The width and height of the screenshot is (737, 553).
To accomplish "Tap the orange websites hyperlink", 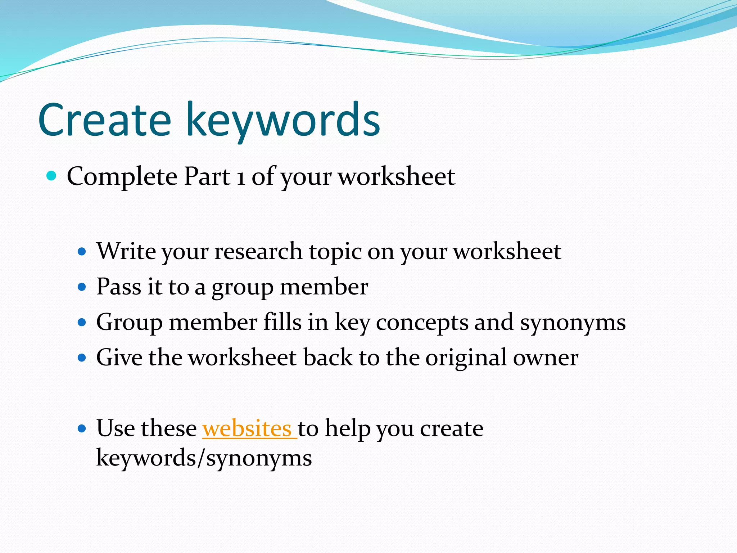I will coord(249,428).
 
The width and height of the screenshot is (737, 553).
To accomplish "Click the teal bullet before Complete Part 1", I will coord(52,176).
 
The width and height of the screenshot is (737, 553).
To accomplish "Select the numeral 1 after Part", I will coord(241,177).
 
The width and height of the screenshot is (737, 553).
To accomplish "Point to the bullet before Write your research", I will coord(82,251).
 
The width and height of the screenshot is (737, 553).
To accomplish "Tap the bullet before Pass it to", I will coord(82,287).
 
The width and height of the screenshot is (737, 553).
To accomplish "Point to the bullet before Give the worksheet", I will coord(82,358).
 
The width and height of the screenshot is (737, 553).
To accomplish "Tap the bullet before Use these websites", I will coord(82,428).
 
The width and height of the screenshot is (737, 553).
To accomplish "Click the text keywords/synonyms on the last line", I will coord(204,458).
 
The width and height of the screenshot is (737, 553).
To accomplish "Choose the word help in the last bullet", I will coord(348,428).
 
